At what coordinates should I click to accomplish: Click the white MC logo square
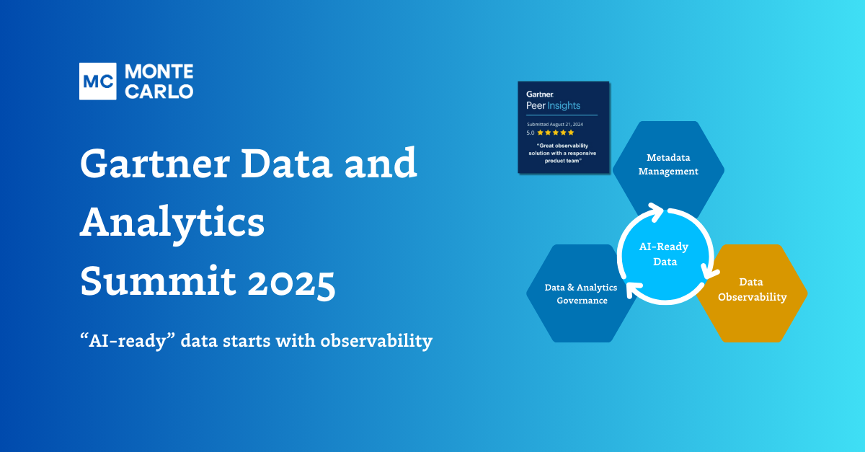98,81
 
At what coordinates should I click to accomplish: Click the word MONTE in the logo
159,72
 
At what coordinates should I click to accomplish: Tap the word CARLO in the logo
159,92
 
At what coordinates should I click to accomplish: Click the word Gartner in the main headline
155,164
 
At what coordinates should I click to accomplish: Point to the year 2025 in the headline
291,282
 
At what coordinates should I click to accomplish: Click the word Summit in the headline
158,280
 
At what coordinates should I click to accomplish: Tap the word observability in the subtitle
376,341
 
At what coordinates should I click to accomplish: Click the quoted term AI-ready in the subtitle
128,341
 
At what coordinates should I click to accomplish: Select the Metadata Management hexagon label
668,164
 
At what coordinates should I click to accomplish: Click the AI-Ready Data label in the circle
664,254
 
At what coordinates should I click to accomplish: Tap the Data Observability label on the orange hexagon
752,289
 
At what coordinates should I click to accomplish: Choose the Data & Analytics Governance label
581,293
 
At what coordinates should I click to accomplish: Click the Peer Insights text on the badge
553,105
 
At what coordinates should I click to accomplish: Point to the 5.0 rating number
531,133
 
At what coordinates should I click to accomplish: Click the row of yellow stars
555,133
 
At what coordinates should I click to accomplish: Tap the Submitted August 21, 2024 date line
555,125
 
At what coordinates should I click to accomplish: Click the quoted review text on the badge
562,153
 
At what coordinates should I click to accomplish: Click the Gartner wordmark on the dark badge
540,94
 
